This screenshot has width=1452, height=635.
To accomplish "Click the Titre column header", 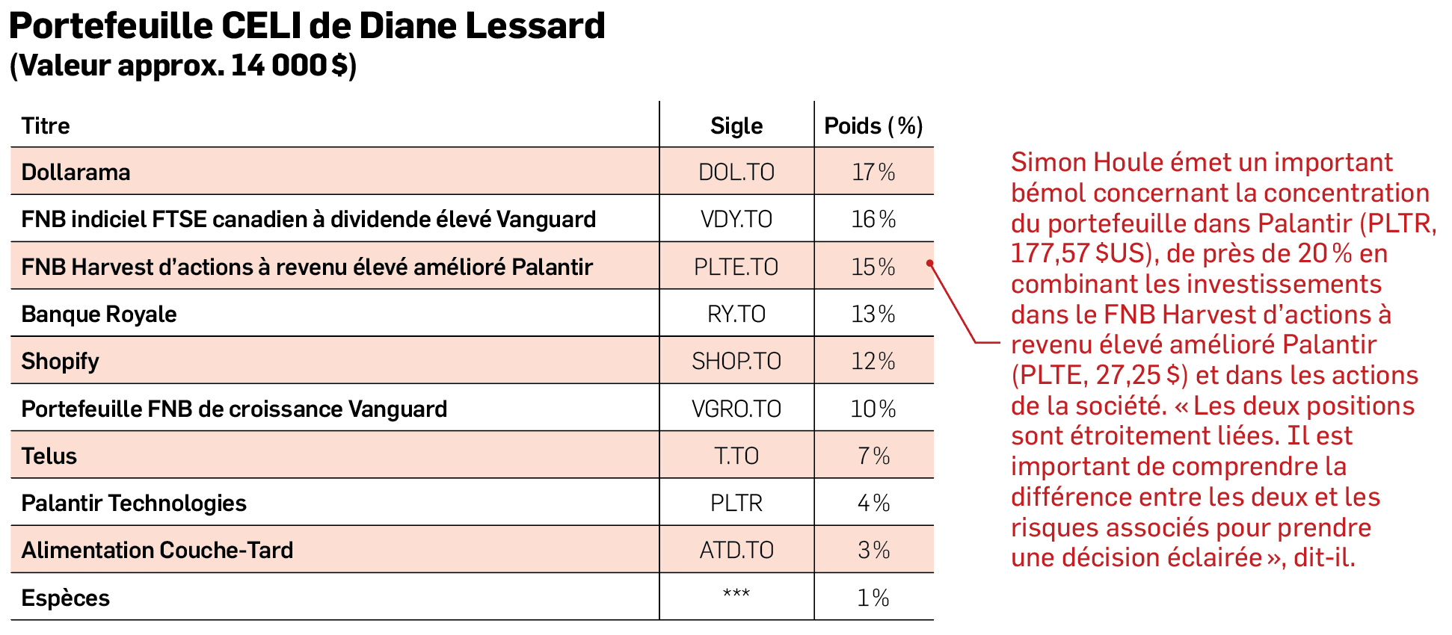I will (46, 126).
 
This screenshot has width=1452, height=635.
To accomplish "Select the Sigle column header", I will (736, 126).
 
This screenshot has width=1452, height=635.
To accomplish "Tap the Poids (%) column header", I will (873, 126).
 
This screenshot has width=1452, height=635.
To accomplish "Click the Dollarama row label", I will (76, 172).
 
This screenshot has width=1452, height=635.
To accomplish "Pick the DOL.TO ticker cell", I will (736, 172).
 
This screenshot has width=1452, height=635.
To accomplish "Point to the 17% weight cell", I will (873, 172).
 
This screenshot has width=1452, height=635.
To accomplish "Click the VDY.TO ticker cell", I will (736, 219).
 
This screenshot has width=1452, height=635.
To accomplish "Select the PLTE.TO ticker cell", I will (736, 267).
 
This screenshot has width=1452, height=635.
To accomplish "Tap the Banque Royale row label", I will (99, 314).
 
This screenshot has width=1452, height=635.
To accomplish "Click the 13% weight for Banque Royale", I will (873, 314).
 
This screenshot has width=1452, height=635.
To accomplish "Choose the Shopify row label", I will (60, 361).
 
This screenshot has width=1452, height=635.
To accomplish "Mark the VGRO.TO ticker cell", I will (736, 409).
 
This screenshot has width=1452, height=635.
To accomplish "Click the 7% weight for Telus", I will (873, 456).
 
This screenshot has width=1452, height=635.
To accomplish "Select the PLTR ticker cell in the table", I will (736, 503).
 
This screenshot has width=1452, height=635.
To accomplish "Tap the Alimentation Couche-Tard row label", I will (157, 550).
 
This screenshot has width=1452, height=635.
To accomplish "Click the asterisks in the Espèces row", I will (736, 594).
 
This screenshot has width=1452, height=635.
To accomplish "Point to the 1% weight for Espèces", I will (873, 598).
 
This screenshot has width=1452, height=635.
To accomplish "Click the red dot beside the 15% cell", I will (930, 263).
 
